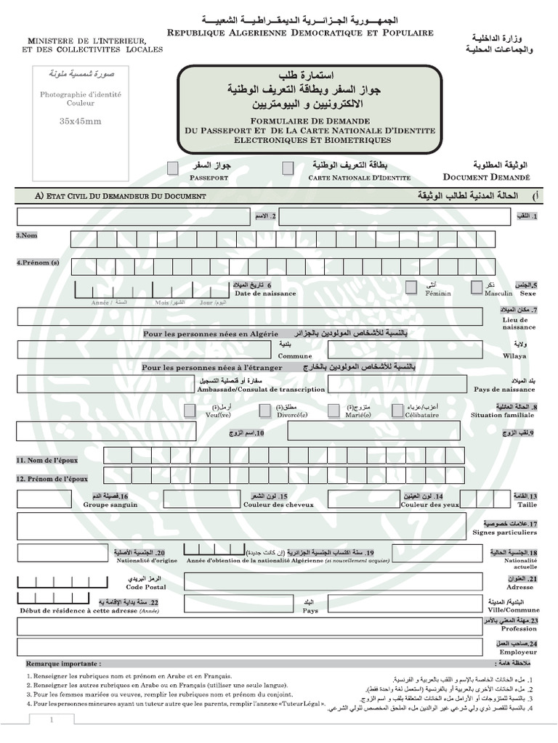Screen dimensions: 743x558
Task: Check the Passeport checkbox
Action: [x=172, y=168]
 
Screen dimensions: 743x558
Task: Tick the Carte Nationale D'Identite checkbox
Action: [x=288, y=168]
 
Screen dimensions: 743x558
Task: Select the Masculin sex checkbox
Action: [x=477, y=287]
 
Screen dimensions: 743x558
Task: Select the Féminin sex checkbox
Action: [x=411, y=287]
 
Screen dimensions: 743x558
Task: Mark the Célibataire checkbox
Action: [x=397, y=411]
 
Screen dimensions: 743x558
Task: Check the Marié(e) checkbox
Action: [x=333, y=411]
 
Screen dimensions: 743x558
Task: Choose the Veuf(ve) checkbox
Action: [x=190, y=411]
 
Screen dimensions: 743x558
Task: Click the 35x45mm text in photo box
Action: [x=81, y=121]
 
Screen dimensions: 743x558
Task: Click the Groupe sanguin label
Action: [x=110, y=504]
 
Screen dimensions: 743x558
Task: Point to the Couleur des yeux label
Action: [x=430, y=504]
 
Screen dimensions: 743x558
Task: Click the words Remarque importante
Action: [x=63, y=664]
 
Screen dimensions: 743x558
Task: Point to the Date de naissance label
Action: [x=264, y=293]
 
